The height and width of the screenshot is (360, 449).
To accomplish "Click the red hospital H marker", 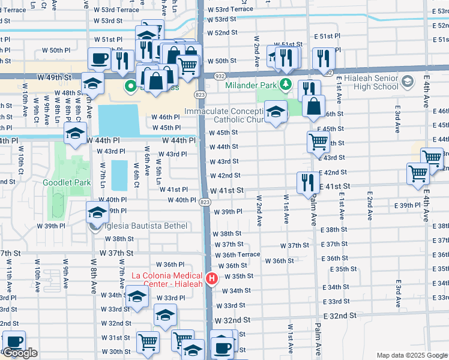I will click(211, 278).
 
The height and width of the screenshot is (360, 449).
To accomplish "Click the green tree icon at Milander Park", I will click(287, 84).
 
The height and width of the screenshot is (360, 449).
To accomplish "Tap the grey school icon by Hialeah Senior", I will click(408, 80).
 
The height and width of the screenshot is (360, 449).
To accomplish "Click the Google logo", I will click(20, 353).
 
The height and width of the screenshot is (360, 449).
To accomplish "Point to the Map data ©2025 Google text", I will click(411, 355).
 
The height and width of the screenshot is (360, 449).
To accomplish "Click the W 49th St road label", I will click(54, 78).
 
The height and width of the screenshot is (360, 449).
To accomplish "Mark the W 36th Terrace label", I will click(241, 254).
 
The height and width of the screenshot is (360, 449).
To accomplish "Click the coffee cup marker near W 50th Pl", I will click(99, 59).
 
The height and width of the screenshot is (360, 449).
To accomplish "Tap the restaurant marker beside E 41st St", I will click(307, 182).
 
